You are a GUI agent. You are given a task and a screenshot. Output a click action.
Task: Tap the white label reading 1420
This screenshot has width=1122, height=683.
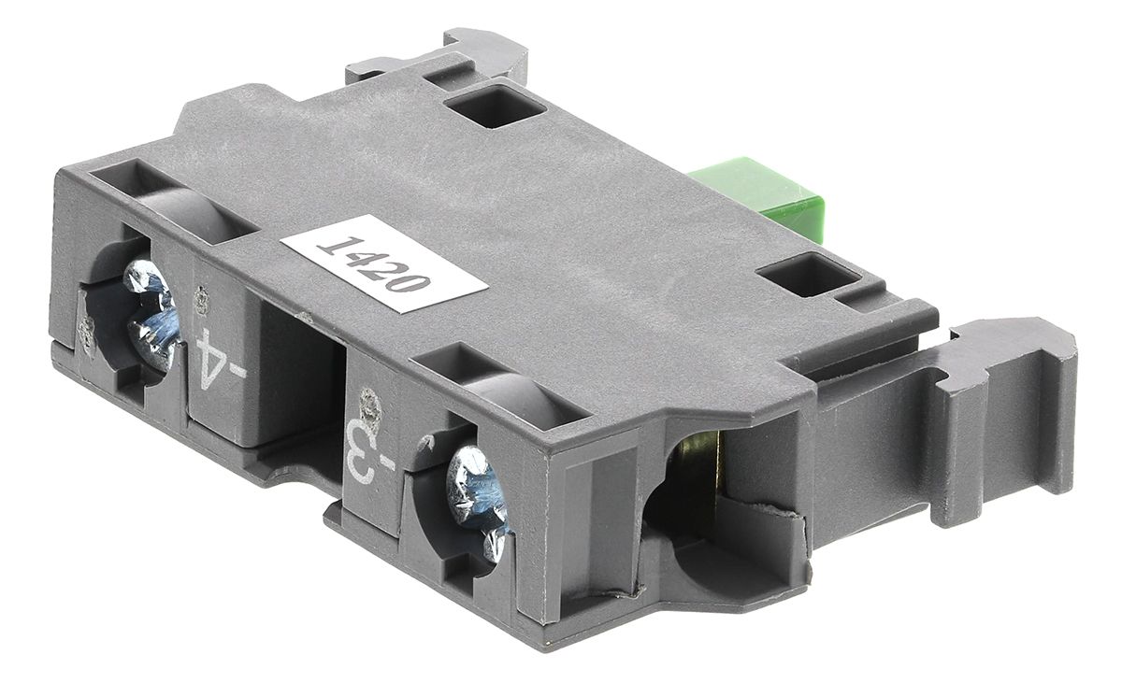coord(384,264)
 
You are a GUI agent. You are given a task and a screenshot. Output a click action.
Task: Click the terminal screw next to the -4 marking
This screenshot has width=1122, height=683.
coord(151,313)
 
